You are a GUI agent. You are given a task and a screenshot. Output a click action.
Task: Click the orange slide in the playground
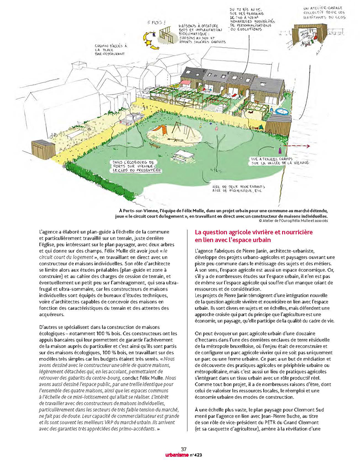tap(159, 130)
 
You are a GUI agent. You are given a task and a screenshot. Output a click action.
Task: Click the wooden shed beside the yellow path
tap(43, 149)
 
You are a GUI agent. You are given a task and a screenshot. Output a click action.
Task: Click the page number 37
tap(183, 448)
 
